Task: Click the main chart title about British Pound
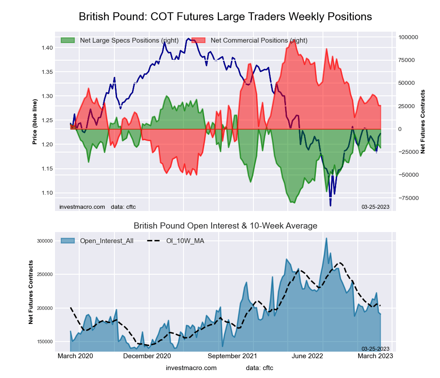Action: tap(225, 17)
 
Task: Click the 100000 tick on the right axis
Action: tap(409, 37)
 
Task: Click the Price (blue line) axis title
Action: tap(35, 122)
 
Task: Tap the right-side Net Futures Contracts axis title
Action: tap(423, 121)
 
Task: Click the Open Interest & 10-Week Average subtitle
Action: tap(225, 226)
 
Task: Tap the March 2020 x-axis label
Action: tap(76, 356)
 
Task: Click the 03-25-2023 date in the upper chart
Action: tap(375, 206)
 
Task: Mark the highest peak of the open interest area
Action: tap(326, 238)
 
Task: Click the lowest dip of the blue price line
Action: tap(330, 205)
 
